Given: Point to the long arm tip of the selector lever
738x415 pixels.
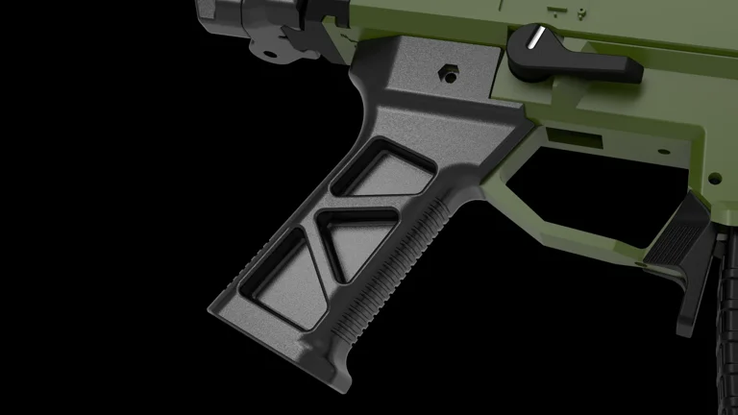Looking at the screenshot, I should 628,70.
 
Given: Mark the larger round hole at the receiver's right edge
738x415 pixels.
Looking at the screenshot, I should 714,178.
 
